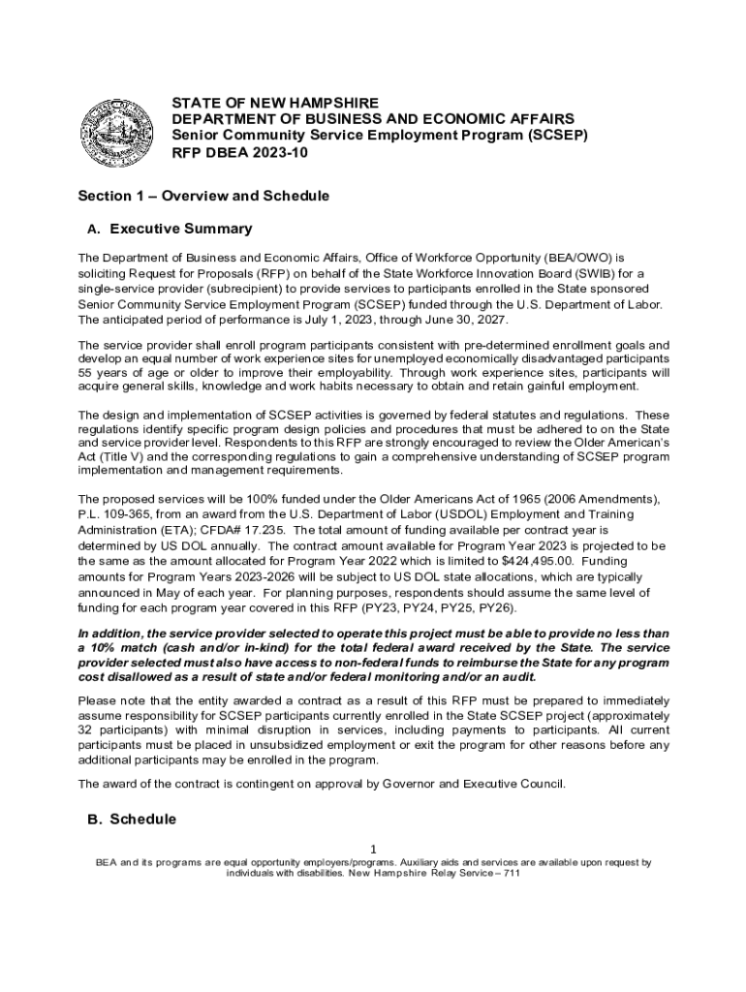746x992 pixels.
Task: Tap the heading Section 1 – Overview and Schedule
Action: pos(203,196)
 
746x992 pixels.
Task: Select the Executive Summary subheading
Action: pos(181,230)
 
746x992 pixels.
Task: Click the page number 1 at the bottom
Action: pos(373,849)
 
